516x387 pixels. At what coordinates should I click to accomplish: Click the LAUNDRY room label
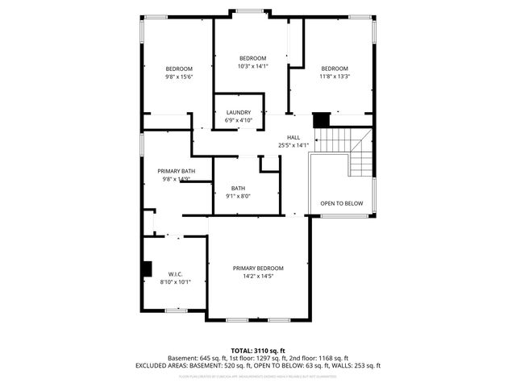point(238,112)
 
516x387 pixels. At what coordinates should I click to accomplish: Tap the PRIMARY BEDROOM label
point(258,268)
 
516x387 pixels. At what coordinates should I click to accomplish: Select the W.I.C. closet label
point(175,274)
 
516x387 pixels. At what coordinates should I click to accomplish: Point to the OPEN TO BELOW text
point(341,203)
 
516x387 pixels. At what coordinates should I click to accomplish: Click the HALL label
point(282,138)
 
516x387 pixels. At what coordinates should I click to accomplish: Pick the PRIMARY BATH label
point(176,171)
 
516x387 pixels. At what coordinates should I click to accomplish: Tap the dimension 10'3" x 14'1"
point(252,66)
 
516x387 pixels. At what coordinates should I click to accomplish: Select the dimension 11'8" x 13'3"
point(334,77)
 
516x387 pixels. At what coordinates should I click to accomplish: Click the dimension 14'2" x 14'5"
point(258,277)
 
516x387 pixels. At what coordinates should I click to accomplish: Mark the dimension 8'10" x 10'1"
point(175,282)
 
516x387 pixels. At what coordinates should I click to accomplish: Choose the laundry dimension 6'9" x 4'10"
point(238,120)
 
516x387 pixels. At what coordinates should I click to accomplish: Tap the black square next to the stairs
point(322,119)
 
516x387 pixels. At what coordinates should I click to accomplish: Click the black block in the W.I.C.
point(147,268)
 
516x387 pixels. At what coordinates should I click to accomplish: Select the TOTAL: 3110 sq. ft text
point(257,350)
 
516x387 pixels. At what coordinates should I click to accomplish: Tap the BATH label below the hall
point(238,188)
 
